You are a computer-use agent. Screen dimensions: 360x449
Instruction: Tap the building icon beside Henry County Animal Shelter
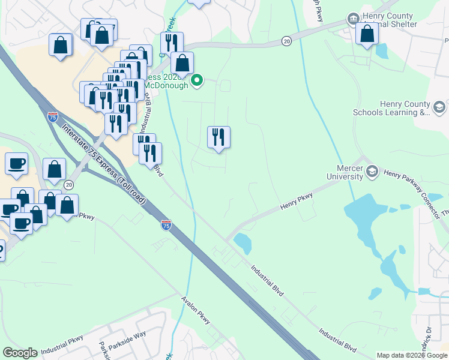353,19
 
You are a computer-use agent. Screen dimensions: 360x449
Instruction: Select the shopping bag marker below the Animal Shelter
367,34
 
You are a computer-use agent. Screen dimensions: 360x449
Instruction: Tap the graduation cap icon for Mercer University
372,172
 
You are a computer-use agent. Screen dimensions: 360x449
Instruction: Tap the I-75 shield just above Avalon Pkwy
166,225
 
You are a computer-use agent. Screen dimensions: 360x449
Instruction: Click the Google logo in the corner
20,353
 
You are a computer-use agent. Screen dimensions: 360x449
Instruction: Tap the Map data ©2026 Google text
412,355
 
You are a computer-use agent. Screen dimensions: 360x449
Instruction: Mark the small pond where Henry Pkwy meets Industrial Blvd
243,243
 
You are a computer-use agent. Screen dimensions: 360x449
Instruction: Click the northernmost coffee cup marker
16,163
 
